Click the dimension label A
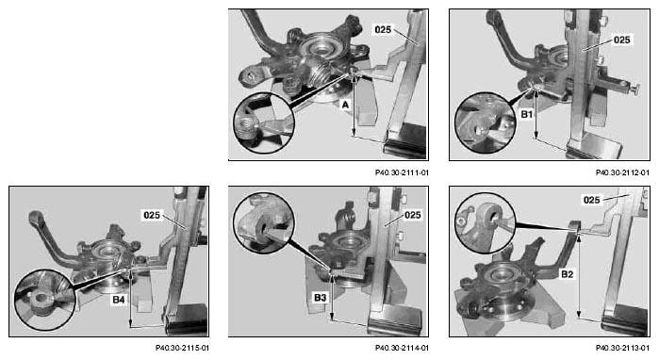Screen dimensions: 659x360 (345, 105)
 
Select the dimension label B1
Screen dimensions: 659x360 (527, 114)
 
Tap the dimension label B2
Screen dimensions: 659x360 (567, 274)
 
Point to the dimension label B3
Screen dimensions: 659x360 (320, 298)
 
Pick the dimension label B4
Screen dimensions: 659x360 (119, 300)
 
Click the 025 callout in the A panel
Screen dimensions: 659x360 (383, 30)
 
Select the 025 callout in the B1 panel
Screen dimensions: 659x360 (622, 40)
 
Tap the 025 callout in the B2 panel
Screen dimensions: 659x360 (592, 200)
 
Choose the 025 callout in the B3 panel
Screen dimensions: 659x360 (412, 215)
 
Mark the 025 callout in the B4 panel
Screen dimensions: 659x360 (152, 215)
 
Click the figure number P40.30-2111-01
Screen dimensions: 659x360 (403, 172)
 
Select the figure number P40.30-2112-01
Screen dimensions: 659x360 (622, 172)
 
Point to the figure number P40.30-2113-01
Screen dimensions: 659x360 (622, 348)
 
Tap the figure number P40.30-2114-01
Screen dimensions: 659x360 (403, 348)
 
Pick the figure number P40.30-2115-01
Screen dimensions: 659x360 (182, 348)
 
